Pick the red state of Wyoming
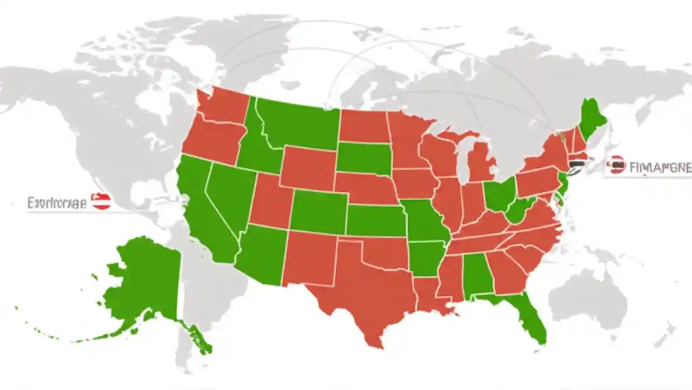coord(308,168)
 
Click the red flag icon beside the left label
coord(101,201)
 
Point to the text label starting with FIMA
coord(660,167)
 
